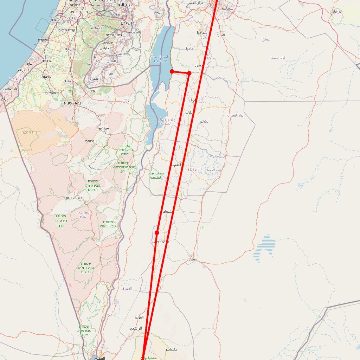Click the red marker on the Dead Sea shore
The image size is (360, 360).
click(172, 71)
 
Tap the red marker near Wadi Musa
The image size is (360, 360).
click(157, 233)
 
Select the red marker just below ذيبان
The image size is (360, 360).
click(189, 73)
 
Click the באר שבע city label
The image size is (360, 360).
click(73, 103)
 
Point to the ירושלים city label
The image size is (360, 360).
click(130, 23)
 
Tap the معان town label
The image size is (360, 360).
click(193, 259)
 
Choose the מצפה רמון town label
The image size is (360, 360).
click(73, 198)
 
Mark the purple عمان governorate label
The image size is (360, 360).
click(266, 39)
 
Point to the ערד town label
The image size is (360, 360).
click(127, 101)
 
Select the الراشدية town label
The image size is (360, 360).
click(135, 328)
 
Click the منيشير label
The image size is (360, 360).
click(172, 349)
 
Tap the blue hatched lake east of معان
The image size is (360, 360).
click(264, 248)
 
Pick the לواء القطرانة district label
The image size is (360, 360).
click(235, 115)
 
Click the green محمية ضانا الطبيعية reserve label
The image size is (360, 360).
click(156, 175)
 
